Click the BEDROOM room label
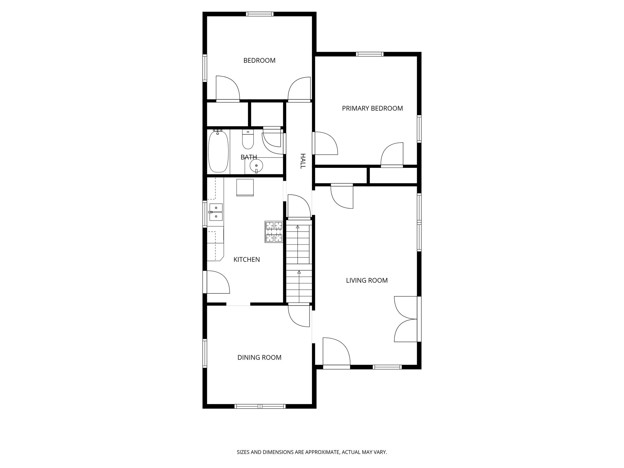[x=259, y=61]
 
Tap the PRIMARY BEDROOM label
[x=372, y=108]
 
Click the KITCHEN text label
[x=246, y=260]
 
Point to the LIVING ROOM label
[x=367, y=280]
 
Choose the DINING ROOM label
[x=259, y=357]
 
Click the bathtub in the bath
[x=218, y=151]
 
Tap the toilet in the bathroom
[x=248, y=140]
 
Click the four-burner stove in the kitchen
[x=274, y=232]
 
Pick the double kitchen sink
[x=216, y=212]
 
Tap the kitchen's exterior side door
[x=217, y=282]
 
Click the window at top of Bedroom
[x=260, y=14]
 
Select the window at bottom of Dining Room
[x=260, y=406]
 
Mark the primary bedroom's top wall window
[x=370, y=55]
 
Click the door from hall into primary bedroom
[x=325, y=143]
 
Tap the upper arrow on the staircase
[x=298, y=227]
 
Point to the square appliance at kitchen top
[x=245, y=187]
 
